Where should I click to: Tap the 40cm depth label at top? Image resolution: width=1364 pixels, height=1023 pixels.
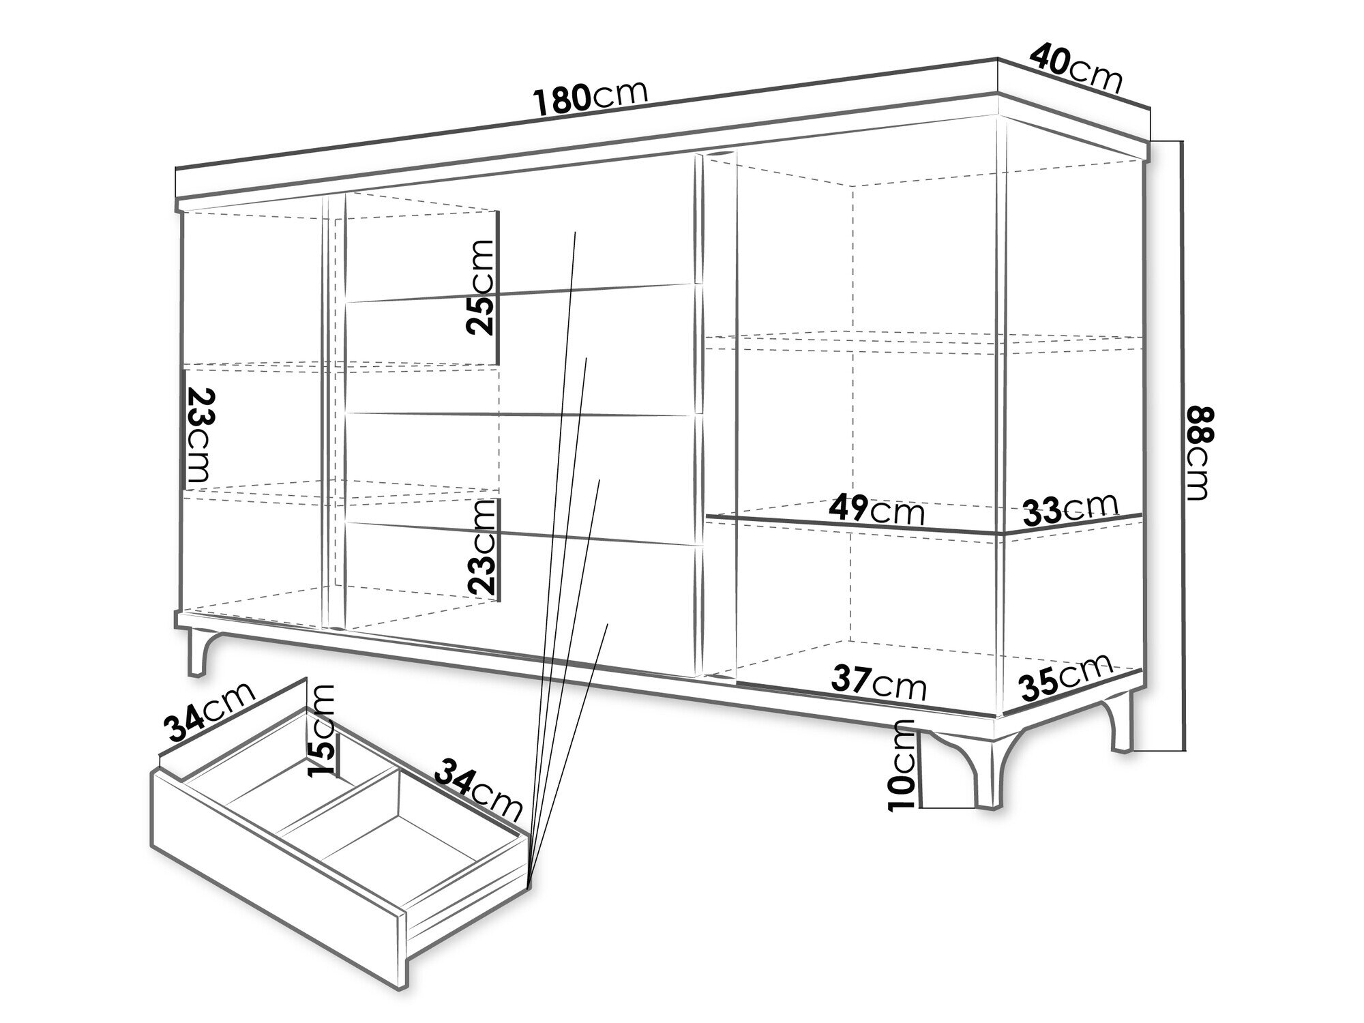pos(1076,68)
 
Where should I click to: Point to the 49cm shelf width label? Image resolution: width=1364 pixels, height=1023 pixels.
pos(876,509)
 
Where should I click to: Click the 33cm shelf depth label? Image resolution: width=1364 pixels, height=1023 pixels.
pos(1069,509)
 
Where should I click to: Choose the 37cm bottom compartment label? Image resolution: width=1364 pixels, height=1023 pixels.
pos(879,682)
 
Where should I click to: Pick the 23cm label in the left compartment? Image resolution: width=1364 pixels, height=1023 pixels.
pos(200,436)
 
